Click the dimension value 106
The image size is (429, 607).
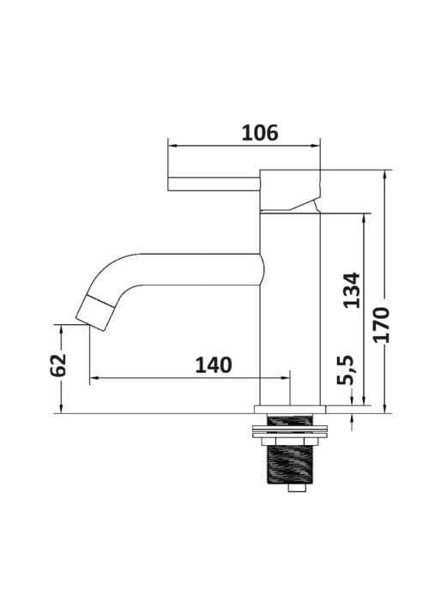coord(260,133)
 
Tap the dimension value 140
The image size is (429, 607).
coord(214,365)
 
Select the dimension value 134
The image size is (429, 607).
coord(352,291)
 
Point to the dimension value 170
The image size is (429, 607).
coord(381,324)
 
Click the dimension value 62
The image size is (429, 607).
coord(58,364)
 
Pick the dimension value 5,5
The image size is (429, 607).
coord(345,370)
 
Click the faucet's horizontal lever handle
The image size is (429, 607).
coord(214,183)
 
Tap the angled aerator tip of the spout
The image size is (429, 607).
coord(94,313)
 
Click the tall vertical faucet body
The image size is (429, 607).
coord(290,309)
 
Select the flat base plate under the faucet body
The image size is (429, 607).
coord(290,410)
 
